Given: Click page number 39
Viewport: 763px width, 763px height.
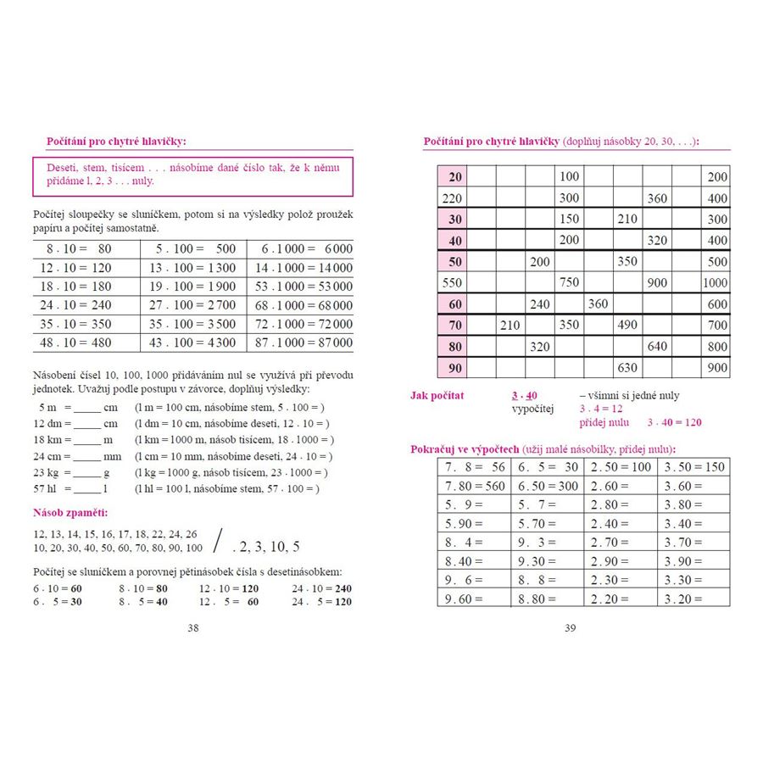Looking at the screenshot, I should [x=570, y=628].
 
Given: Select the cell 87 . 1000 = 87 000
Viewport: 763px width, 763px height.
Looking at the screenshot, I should [x=300, y=343].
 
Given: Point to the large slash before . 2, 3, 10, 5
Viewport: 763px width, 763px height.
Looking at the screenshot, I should [x=220, y=540].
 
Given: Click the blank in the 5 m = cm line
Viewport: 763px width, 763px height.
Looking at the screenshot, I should [x=87, y=408].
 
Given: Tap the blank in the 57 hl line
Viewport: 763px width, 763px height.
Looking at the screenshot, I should [x=87, y=489].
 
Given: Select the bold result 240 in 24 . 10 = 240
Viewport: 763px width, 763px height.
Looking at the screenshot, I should [x=343, y=588].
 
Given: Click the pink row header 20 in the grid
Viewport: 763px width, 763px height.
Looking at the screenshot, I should [x=454, y=176].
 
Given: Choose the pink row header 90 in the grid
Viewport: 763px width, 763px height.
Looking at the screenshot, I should [x=454, y=368].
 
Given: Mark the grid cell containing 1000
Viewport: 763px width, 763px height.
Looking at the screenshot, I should [x=715, y=283].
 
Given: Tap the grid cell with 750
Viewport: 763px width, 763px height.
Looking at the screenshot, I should [x=570, y=283].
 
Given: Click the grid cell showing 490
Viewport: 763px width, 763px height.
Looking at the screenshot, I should [x=627, y=326].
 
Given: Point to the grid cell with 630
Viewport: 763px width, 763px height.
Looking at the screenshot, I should [x=627, y=368].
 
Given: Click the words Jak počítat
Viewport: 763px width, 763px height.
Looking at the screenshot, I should [x=437, y=396].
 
